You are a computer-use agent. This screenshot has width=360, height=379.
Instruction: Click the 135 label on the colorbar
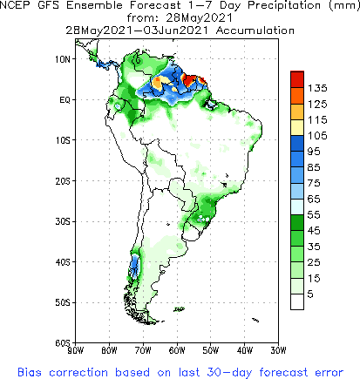click(x=316, y=88)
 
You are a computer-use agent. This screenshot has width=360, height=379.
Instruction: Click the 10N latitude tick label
click(x=63, y=59)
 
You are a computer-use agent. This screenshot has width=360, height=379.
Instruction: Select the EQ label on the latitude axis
click(x=65, y=99)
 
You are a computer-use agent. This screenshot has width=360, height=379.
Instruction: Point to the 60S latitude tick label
click(x=63, y=343)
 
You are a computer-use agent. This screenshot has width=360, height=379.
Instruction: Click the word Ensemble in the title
click(x=98, y=7)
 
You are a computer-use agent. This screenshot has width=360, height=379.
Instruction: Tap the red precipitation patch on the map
click(x=200, y=80)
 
